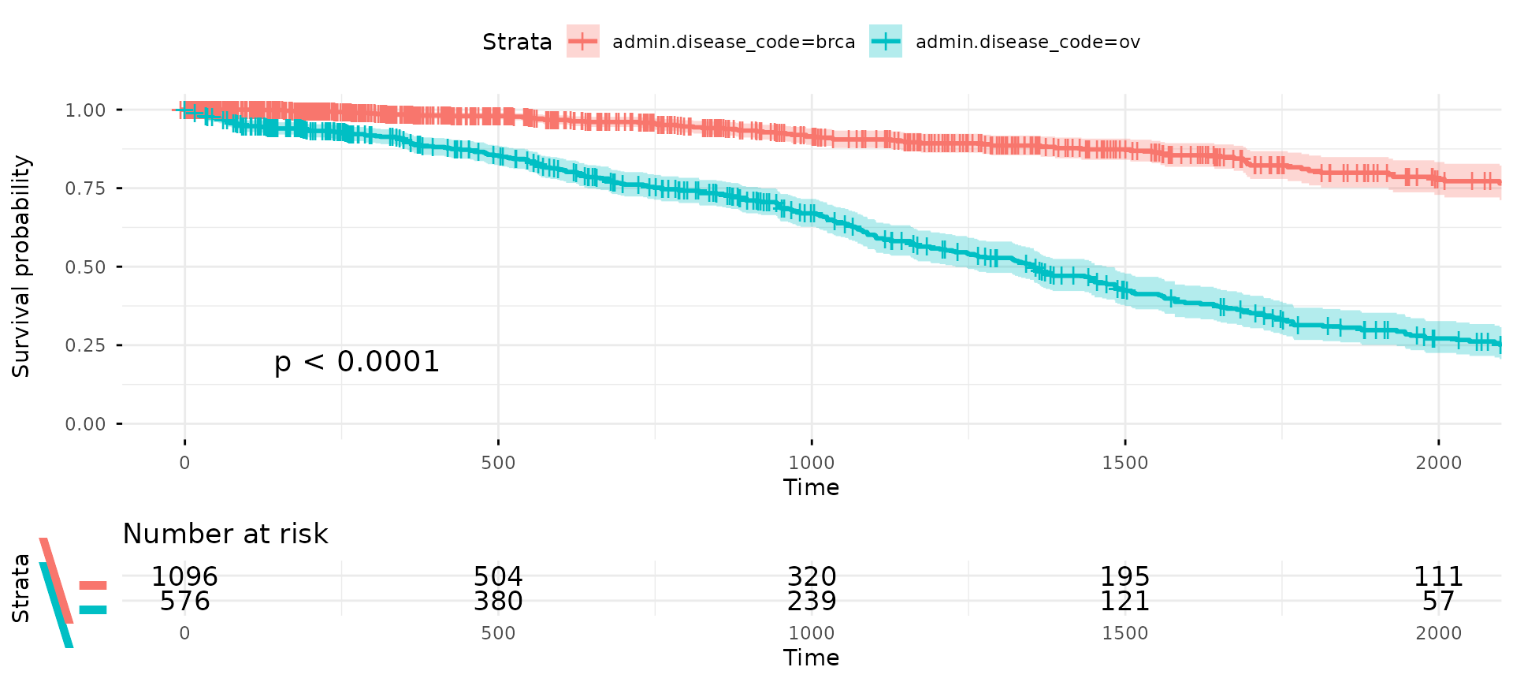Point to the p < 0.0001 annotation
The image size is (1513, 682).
(356, 362)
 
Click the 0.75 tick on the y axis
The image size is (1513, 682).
(85, 188)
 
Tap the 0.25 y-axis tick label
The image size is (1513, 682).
(85, 345)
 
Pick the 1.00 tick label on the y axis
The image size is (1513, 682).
(85, 110)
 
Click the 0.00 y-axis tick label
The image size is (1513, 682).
(85, 424)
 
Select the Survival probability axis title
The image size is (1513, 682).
(21, 266)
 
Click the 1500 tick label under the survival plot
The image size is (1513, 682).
(1125, 463)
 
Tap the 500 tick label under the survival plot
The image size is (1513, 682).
(498, 463)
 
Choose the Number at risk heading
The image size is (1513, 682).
(225, 534)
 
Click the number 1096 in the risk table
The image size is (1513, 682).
(184, 576)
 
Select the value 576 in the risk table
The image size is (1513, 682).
(184, 602)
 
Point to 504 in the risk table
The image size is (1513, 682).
(498, 576)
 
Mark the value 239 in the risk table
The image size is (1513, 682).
(812, 602)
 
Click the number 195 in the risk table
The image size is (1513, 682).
(1125, 576)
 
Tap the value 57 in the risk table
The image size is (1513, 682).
(1438, 602)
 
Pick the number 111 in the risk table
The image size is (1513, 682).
(1438, 576)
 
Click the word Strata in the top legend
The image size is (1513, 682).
(517, 42)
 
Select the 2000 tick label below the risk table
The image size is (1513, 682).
(1438, 633)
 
